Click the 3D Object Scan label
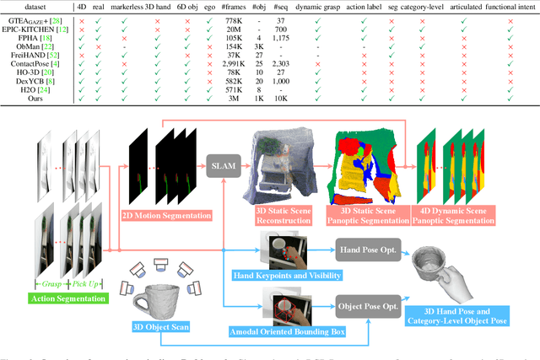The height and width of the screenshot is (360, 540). [160, 326]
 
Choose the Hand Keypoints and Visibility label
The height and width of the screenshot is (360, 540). [274, 275]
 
